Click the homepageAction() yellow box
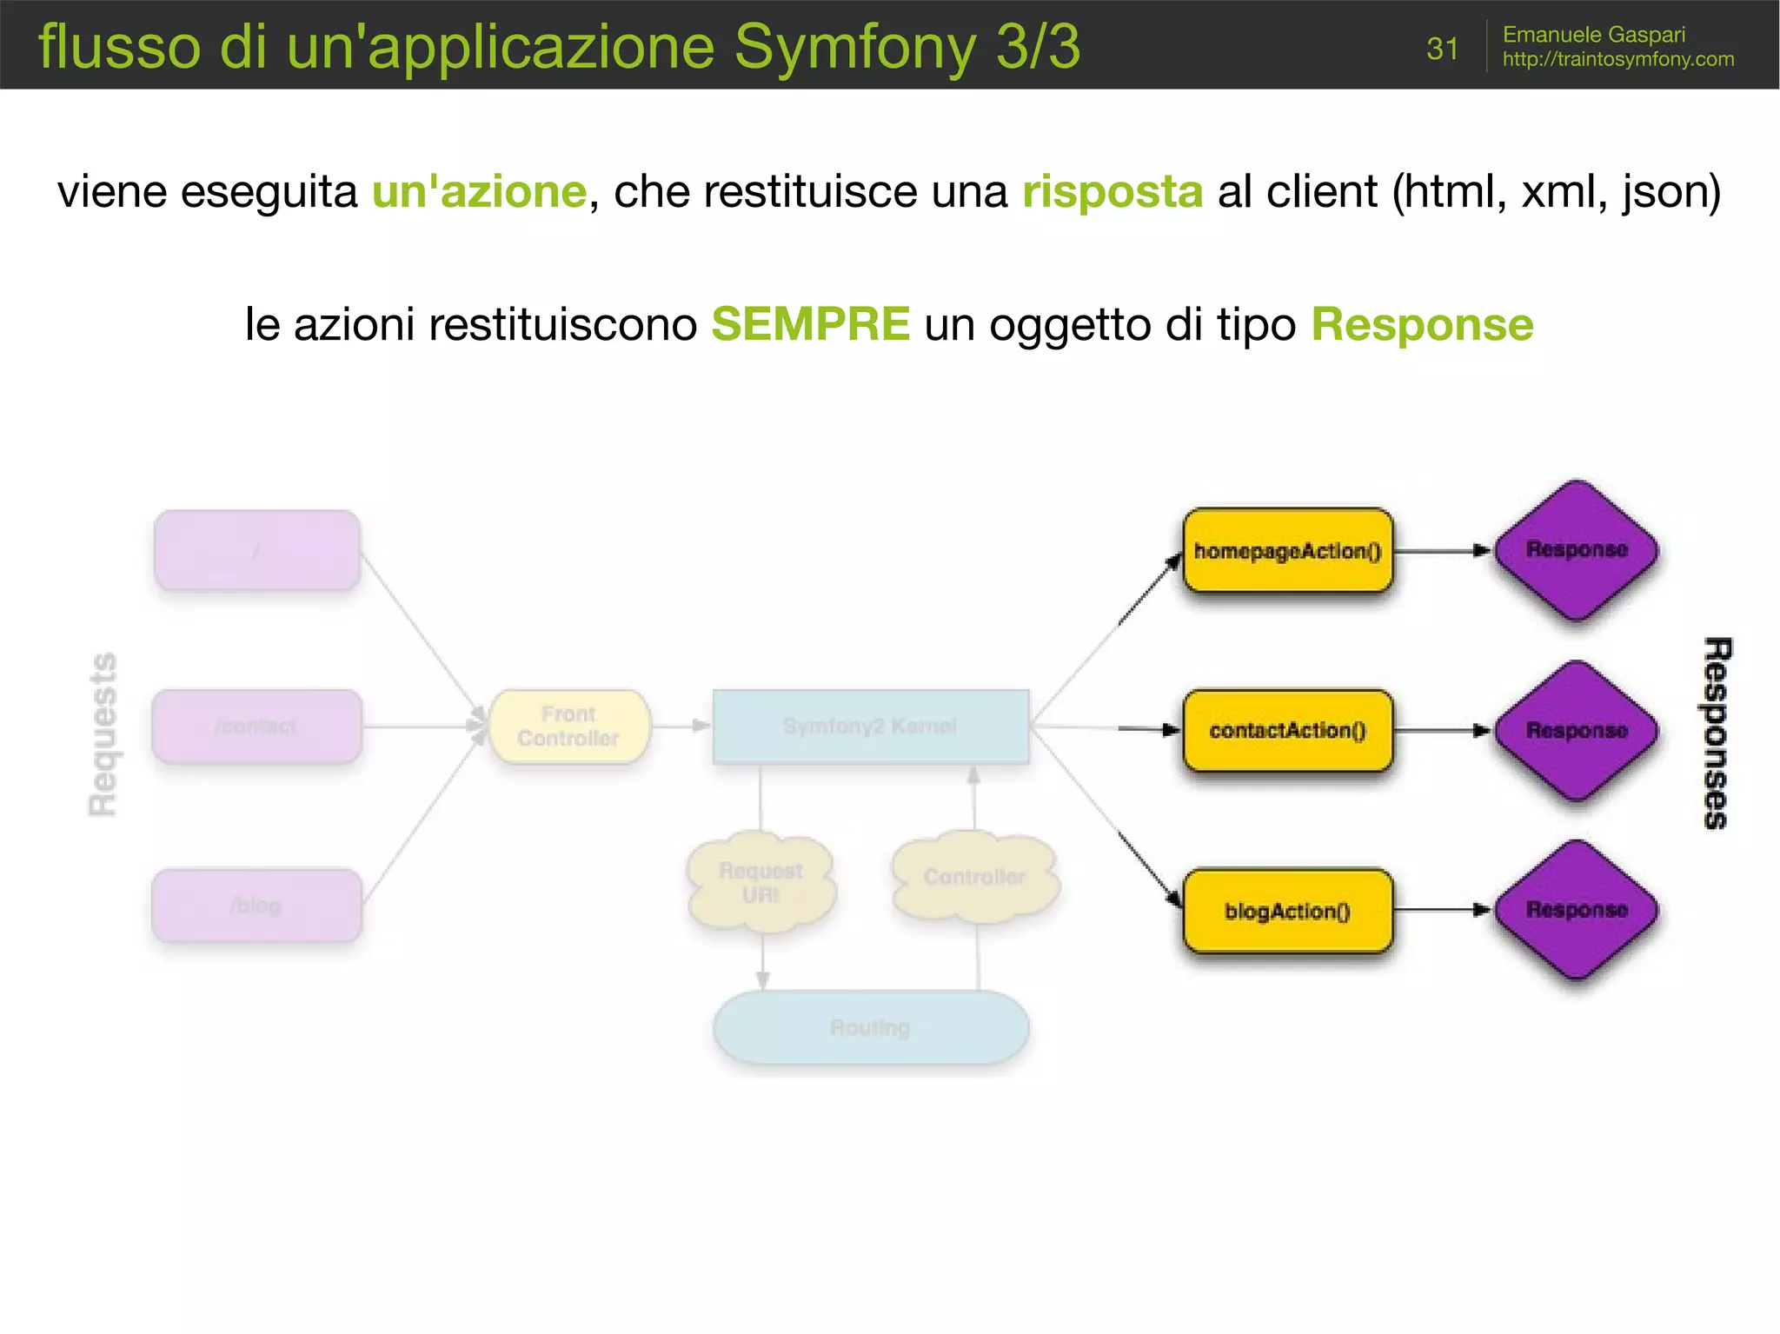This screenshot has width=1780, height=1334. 1287,551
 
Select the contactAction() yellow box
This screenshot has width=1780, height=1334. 1287,730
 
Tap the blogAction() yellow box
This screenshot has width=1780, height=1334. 1287,910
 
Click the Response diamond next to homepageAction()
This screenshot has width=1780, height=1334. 1576,549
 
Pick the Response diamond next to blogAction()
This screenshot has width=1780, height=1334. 1576,909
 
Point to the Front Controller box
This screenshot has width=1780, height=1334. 568,727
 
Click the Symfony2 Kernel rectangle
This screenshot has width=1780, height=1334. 870,727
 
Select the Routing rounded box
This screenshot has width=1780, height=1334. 870,1027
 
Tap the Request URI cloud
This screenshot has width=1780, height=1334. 760,882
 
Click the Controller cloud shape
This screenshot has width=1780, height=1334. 974,877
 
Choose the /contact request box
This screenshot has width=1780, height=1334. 256,727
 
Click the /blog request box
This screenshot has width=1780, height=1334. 256,905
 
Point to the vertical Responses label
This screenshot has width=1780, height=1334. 1716,733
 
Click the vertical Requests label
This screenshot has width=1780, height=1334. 103,734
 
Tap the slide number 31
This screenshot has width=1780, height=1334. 1442,49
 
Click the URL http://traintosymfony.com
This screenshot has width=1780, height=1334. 1617,59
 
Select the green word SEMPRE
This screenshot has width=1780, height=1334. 810,324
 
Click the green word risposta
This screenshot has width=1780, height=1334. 1112,191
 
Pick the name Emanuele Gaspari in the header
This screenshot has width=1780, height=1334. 1593,35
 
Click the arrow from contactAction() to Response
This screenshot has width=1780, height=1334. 1442,731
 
